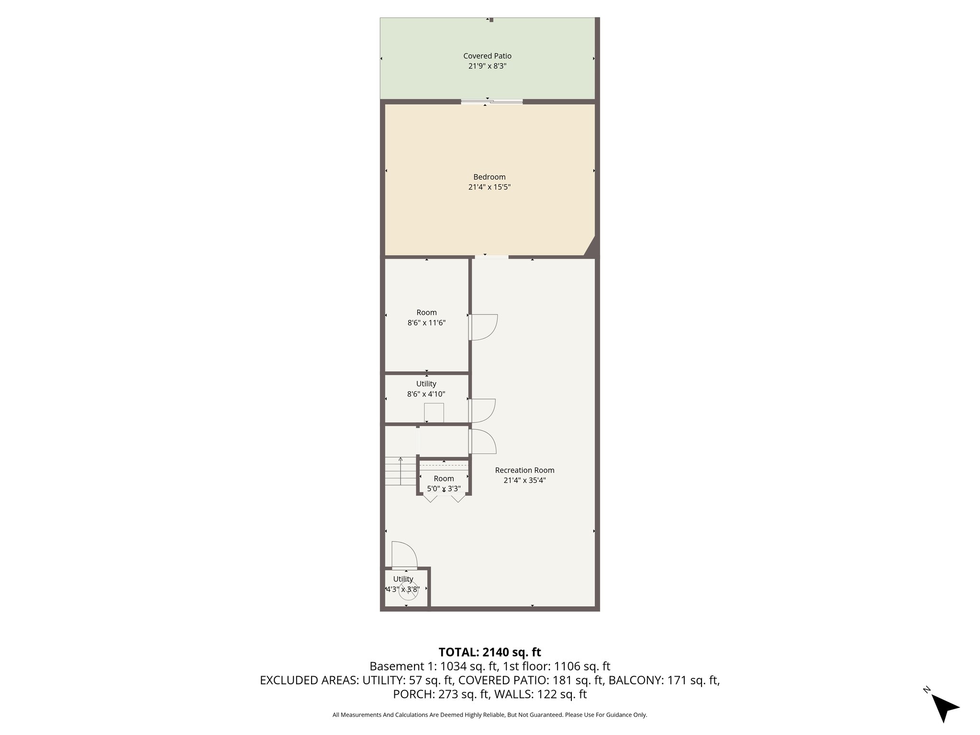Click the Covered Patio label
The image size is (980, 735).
[x=487, y=56]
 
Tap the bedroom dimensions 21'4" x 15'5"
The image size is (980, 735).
[x=489, y=188]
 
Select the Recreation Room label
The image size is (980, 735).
[x=524, y=470]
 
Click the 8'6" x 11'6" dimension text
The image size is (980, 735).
[x=426, y=323]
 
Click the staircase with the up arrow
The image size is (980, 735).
[x=401, y=471]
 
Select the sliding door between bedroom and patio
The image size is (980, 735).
[x=491, y=101]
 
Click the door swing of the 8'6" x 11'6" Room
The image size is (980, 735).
[x=483, y=327]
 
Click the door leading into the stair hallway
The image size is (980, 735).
[x=482, y=441]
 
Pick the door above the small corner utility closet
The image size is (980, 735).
[x=404, y=555]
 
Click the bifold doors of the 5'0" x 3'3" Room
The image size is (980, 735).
[x=444, y=498]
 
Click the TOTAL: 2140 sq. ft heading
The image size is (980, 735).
[x=490, y=652]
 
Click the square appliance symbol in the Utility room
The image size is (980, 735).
[x=434, y=413]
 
